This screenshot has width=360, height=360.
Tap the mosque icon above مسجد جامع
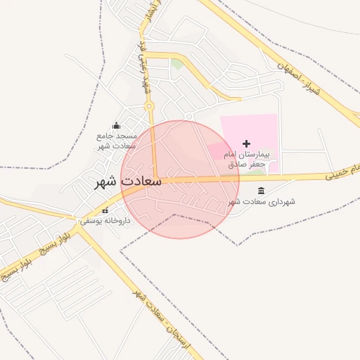tap(116, 125)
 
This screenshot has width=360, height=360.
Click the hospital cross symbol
tap(246, 143)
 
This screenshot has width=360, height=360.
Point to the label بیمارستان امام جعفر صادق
tap(250, 158)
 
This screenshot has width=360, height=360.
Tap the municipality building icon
tap(262, 191)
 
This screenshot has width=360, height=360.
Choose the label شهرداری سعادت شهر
tap(260, 202)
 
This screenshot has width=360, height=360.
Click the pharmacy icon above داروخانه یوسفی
tap(105, 210)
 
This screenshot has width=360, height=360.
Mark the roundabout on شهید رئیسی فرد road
tap(149, 106)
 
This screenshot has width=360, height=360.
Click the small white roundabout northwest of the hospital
tap(189, 116)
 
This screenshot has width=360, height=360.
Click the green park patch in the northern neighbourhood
tap(177, 63)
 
